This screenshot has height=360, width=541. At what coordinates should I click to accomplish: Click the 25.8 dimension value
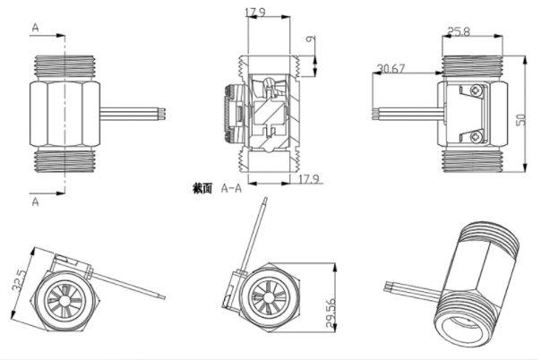(460, 33)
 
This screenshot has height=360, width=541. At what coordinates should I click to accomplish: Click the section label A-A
(231, 188)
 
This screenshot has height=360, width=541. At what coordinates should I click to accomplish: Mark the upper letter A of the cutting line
(35, 28)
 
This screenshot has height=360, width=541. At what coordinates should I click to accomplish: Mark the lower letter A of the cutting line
(35, 202)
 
